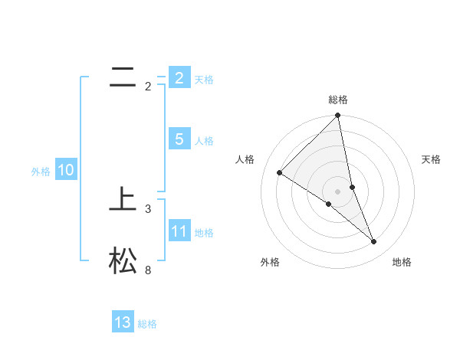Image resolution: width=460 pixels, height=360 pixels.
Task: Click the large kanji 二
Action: click(x=123, y=77)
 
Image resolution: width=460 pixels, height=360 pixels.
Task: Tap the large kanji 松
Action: click(x=123, y=260)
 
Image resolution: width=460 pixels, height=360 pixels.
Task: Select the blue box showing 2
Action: click(x=179, y=77)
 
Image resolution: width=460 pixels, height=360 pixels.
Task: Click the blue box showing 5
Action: click(x=179, y=139)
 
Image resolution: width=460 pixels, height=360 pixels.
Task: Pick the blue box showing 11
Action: click(x=179, y=231)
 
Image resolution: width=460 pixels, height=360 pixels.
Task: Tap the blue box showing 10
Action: click(x=65, y=170)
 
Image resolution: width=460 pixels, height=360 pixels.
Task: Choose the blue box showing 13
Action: click(x=123, y=322)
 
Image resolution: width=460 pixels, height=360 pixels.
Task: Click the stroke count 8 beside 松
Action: click(x=148, y=270)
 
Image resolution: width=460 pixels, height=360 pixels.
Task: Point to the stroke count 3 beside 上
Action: click(x=148, y=208)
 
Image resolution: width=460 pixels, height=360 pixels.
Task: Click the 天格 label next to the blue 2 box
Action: click(x=204, y=79)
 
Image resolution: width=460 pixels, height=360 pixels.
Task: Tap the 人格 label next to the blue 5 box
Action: click(x=204, y=140)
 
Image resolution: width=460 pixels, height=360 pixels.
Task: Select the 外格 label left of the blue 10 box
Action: click(x=41, y=172)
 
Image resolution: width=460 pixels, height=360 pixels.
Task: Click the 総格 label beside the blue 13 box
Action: click(x=147, y=324)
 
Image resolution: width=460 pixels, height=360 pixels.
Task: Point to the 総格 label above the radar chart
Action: click(x=338, y=100)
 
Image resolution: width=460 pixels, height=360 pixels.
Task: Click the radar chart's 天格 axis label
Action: click(x=432, y=159)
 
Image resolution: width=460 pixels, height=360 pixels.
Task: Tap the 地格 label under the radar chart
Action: click(x=402, y=262)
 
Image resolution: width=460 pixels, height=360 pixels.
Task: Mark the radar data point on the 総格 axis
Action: click(x=338, y=116)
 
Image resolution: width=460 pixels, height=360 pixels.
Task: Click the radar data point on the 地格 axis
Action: click(x=374, y=241)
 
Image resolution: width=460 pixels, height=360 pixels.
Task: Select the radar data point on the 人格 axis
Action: click(x=279, y=173)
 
